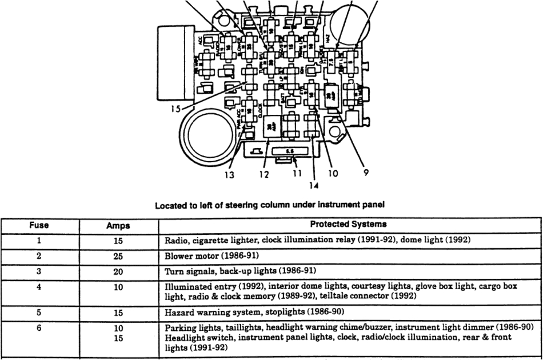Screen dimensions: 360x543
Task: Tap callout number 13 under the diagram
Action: [229, 175]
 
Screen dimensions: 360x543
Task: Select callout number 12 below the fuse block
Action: [263, 175]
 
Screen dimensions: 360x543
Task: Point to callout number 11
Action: [296, 174]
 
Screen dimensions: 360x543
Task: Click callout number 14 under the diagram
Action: [314, 185]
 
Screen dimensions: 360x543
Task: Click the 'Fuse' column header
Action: [39, 225]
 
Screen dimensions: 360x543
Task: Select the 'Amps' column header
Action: [118, 226]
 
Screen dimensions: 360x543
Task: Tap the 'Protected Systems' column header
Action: [348, 224]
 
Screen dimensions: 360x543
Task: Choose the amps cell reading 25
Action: [118, 257]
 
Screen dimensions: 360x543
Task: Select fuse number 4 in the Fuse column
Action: [39, 287]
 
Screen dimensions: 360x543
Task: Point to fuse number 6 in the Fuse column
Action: [39, 329]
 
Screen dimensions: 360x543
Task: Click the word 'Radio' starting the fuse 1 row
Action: [175, 241]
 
